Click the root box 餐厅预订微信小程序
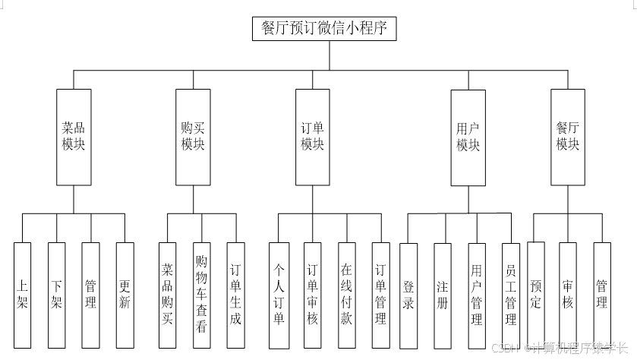(x=324, y=29)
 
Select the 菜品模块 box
(x=74, y=137)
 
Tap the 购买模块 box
(x=193, y=137)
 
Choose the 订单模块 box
(x=312, y=137)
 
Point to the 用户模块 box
(x=468, y=137)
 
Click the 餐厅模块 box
(x=568, y=137)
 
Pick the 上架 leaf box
(x=23, y=295)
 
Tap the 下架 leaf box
(x=57, y=295)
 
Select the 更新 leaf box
(x=125, y=295)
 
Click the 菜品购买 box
(x=168, y=295)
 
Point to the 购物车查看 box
(x=201, y=295)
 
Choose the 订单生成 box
(x=235, y=295)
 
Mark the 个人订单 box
(x=278, y=295)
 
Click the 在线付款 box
(x=346, y=295)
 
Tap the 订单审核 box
(x=312, y=295)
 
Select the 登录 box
(x=408, y=295)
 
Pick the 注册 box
(x=443, y=295)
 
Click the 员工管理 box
(x=510, y=295)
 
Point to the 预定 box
(x=535, y=295)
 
